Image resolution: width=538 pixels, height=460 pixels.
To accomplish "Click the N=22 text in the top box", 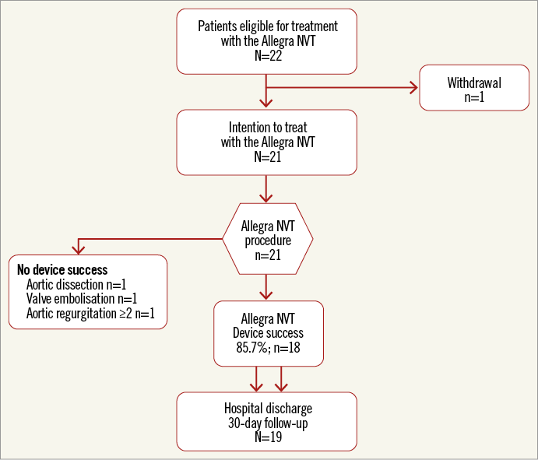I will tap(267, 56).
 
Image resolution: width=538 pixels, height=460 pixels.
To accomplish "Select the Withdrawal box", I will tap(473, 87).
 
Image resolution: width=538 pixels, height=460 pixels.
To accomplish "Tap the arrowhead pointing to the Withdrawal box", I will tap(413, 87).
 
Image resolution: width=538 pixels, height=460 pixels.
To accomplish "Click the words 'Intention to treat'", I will tap(267, 128).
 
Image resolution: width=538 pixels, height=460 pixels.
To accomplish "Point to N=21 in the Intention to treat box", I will tap(267, 156).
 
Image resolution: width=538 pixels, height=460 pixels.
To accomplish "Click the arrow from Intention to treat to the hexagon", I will tap(267, 188).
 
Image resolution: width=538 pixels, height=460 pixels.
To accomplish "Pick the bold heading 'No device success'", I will tap(62, 270).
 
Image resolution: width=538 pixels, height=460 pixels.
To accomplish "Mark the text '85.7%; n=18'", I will tap(267, 347).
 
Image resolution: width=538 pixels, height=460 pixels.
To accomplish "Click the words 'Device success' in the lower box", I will tap(267, 333).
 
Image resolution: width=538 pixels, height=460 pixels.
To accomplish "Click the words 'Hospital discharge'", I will tap(267, 409).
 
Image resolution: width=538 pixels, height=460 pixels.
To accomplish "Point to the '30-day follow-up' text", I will tap(267, 423).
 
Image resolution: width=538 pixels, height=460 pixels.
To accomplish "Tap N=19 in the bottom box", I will tap(267, 437).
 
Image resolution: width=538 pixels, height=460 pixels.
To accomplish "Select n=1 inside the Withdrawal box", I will tap(473, 97).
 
